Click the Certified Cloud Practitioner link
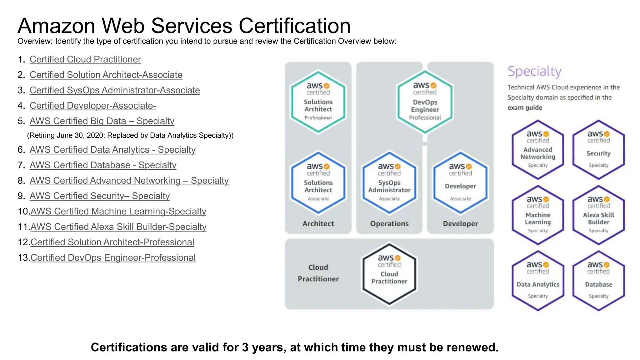coord(85,59)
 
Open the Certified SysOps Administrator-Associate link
coord(115,90)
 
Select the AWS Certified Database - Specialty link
coord(103,165)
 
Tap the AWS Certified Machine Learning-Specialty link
coord(118,212)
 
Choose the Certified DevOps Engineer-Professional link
coord(113,258)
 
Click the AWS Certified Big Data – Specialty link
coord(102,121)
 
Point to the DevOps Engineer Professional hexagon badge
coord(425,102)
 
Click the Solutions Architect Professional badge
coord(318,102)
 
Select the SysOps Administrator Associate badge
coord(389,183)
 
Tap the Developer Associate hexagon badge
coord(460,183)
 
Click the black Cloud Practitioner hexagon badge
coord(389,274)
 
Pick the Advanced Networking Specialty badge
coord(537,150)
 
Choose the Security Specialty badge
coord(598,150)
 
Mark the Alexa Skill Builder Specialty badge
coord(598,215)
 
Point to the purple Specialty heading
coord(534,72)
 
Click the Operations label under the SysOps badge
coord(389,224)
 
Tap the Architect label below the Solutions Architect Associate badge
coord(318,224)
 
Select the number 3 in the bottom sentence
coord(245,347)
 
